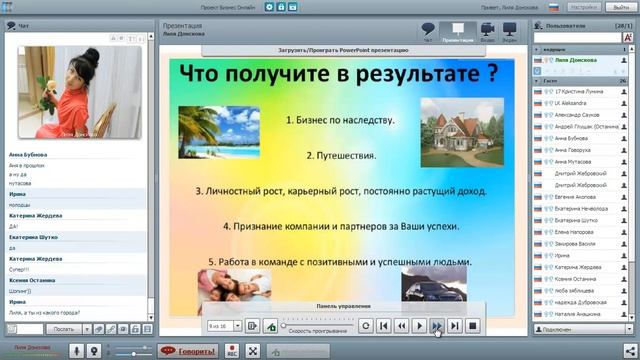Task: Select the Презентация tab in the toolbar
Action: pyautogui.click(x=458, y=33)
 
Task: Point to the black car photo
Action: pyautogui.click(x=433, y=284)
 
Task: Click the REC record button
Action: pyautogui.click(x=232, y=351)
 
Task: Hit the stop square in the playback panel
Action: pyautogui.click(x=473, y=325)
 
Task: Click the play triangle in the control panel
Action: pyautogui.click(x=419, y=325)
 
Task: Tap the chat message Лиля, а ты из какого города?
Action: pyautogui.click(x=44, y=311)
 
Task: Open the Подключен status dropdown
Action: pyautogui.click(x=580, y=328)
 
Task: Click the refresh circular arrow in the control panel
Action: pyautogui.click(x=366, y=325)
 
